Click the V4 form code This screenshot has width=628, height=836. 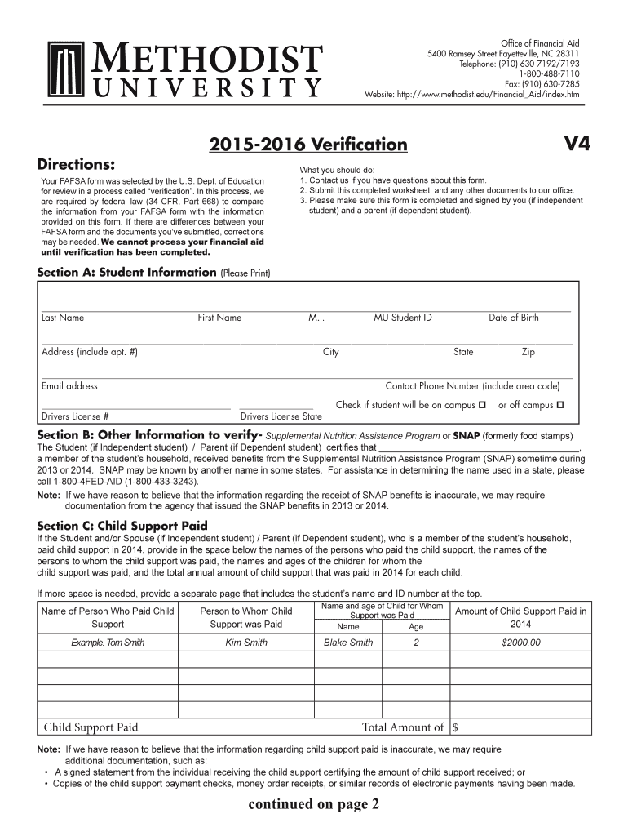click(577, 145)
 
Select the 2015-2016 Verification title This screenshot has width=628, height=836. click(308, 145)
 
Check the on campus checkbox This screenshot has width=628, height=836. click(482, 405)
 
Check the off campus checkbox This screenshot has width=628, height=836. click(560, 405)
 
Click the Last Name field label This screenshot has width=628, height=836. click(63, 318)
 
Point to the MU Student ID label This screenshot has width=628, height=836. click(403, 318)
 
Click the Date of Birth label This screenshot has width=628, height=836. click(514, 318)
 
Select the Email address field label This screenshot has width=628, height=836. click(69, 386)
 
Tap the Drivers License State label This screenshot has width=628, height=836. click(281, 416)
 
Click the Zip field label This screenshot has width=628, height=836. click(528, 352)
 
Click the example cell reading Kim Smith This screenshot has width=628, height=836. click(246, 643)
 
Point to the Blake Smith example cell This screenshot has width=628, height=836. click(348, 643)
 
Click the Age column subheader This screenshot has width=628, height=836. click(416, 627)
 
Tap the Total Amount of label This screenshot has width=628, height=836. click(403, 727)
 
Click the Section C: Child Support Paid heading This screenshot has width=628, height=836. click(122, 526)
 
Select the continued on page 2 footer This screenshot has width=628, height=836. click(314, 805)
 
